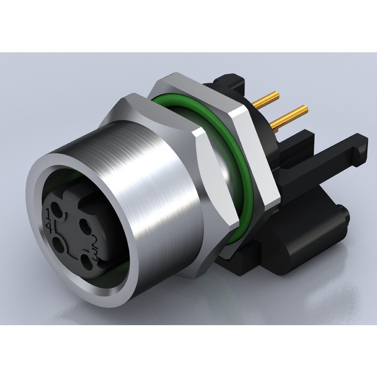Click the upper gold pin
(267, 98)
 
